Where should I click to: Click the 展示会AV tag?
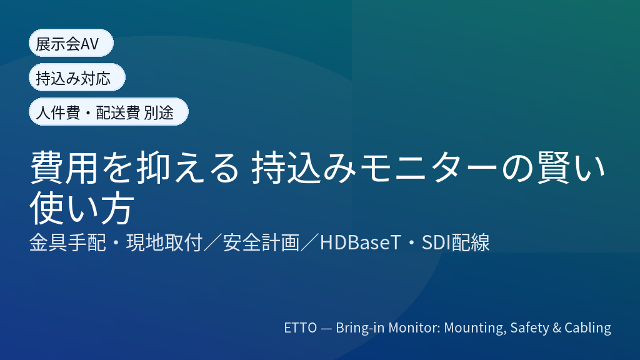click(71, 43)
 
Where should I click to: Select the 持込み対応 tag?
click(77, 77)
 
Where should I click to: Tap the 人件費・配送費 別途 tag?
click(109, 112)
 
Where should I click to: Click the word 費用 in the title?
click(64, 167)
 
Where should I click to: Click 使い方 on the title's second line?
click(82, 207)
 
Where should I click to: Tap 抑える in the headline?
click(187, 167)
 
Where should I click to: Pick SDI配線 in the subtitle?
click(456, 242)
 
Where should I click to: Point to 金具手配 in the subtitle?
click(67, 242)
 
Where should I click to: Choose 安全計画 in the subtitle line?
click(261, 242)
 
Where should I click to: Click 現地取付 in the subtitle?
click(164, 242)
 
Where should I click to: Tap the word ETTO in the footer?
click(301, 327)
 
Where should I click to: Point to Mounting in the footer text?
click(475, 328)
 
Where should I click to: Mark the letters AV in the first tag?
click(89, 44)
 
